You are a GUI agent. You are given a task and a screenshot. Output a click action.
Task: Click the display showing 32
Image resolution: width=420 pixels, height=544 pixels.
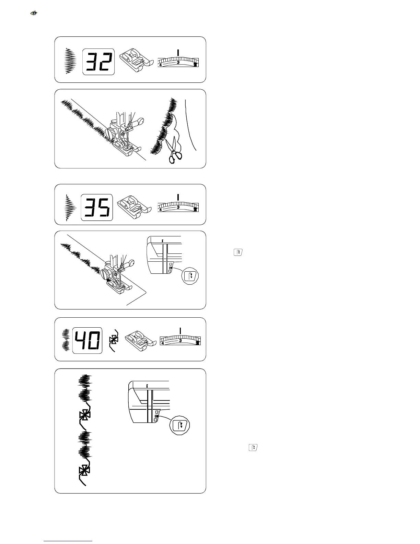[98, 62]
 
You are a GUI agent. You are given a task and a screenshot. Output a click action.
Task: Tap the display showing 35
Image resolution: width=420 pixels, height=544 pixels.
[97, 207]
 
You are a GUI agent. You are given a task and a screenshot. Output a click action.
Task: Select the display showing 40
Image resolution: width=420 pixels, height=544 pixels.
[87, 340]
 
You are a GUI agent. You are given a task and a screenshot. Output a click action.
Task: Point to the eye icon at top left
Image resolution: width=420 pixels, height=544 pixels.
[34, 13]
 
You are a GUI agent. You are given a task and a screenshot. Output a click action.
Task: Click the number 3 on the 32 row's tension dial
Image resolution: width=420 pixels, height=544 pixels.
[178, 63]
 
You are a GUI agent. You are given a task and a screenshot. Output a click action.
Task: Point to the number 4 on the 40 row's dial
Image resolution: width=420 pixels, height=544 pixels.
[163, 343]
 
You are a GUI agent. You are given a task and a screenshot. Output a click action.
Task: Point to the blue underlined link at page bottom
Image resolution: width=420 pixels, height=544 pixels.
[68, 541]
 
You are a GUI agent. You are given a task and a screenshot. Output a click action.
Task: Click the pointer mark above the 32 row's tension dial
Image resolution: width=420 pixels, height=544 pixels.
[178, 52]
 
